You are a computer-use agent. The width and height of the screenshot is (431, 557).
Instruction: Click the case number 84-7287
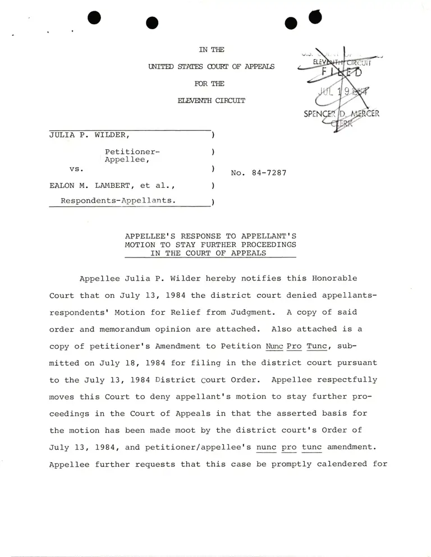pos(268,173)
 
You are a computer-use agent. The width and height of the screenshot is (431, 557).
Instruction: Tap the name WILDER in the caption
pos(112,135)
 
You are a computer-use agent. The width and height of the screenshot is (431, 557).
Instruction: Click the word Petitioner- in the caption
pos(132,152)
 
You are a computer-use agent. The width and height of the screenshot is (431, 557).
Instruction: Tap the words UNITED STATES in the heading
pos(168,67)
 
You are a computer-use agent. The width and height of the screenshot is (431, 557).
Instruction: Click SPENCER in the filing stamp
pos(319,114)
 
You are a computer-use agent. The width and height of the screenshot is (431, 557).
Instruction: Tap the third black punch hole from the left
pos(290,23)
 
